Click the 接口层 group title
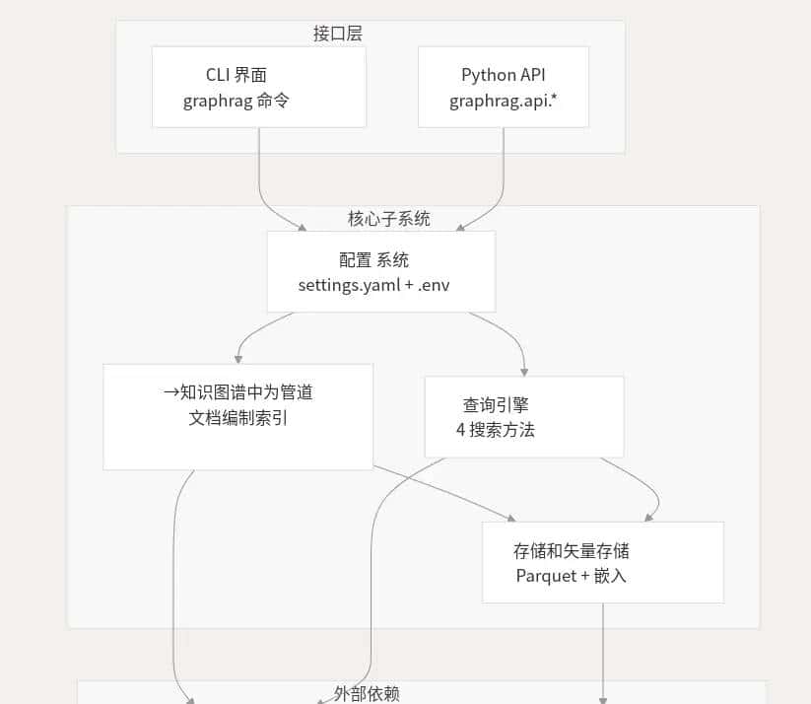(x=338, y=34)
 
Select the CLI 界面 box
(x=258, y=87)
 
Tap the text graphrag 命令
(x=237, y=101)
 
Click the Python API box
(x=503, y=87)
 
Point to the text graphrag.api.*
(x=503, y=101)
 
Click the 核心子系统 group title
(x=389, y=219)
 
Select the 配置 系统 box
(x=380, y=271)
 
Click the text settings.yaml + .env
(x=380, y=285)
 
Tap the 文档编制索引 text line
(x=238, y=417)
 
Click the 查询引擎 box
(x=523, y=416)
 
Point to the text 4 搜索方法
(x=496, y=430)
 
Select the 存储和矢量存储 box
(x=602, y=562)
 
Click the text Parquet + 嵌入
(x=571, y=575)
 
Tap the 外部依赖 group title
(x=367, y=693)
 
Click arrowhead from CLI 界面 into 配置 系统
(x=302, y=227)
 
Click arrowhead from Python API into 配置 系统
(x=460, y=227)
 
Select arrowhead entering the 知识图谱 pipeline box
(x=238, y=359)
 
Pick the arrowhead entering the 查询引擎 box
(x=523, y=371)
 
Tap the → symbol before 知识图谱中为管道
(x=171, y=392)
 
